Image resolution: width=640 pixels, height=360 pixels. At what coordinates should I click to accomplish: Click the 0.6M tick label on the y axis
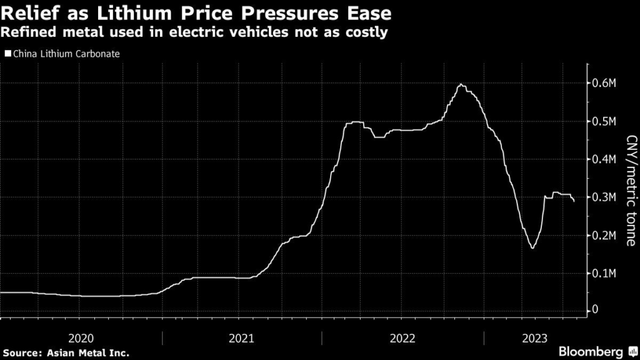(x=605, y=84)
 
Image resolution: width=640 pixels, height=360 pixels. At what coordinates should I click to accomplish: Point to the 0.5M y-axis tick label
(x=605, y=121)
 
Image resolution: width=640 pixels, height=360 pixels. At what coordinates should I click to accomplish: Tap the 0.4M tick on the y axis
(x=605, y=159)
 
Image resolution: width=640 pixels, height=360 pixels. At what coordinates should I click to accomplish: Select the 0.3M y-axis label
(x=605, y=197)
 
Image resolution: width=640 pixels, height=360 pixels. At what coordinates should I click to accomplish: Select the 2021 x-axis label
(x=241, y=338)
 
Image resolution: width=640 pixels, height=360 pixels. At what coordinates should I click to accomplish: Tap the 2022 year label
(x=402, y=338)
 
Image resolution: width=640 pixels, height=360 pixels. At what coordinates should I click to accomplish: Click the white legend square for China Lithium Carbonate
(x=7, y=54)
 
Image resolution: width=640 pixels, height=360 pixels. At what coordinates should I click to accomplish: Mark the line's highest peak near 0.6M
(x=461, y=84)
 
